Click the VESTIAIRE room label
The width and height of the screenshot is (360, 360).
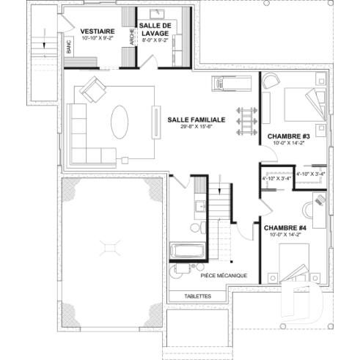[x=95, y=30]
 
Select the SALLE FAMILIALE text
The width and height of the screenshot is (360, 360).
[x=196, y=119]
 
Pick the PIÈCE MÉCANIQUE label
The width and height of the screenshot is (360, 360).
[x=223, y=276]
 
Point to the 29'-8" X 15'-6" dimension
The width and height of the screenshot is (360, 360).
[x=196, y=127]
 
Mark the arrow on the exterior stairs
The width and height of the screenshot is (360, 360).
[x=45, y=40]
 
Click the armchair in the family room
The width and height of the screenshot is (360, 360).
[x=93, y=90]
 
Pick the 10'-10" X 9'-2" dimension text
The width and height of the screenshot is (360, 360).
[x=95, y=37]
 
